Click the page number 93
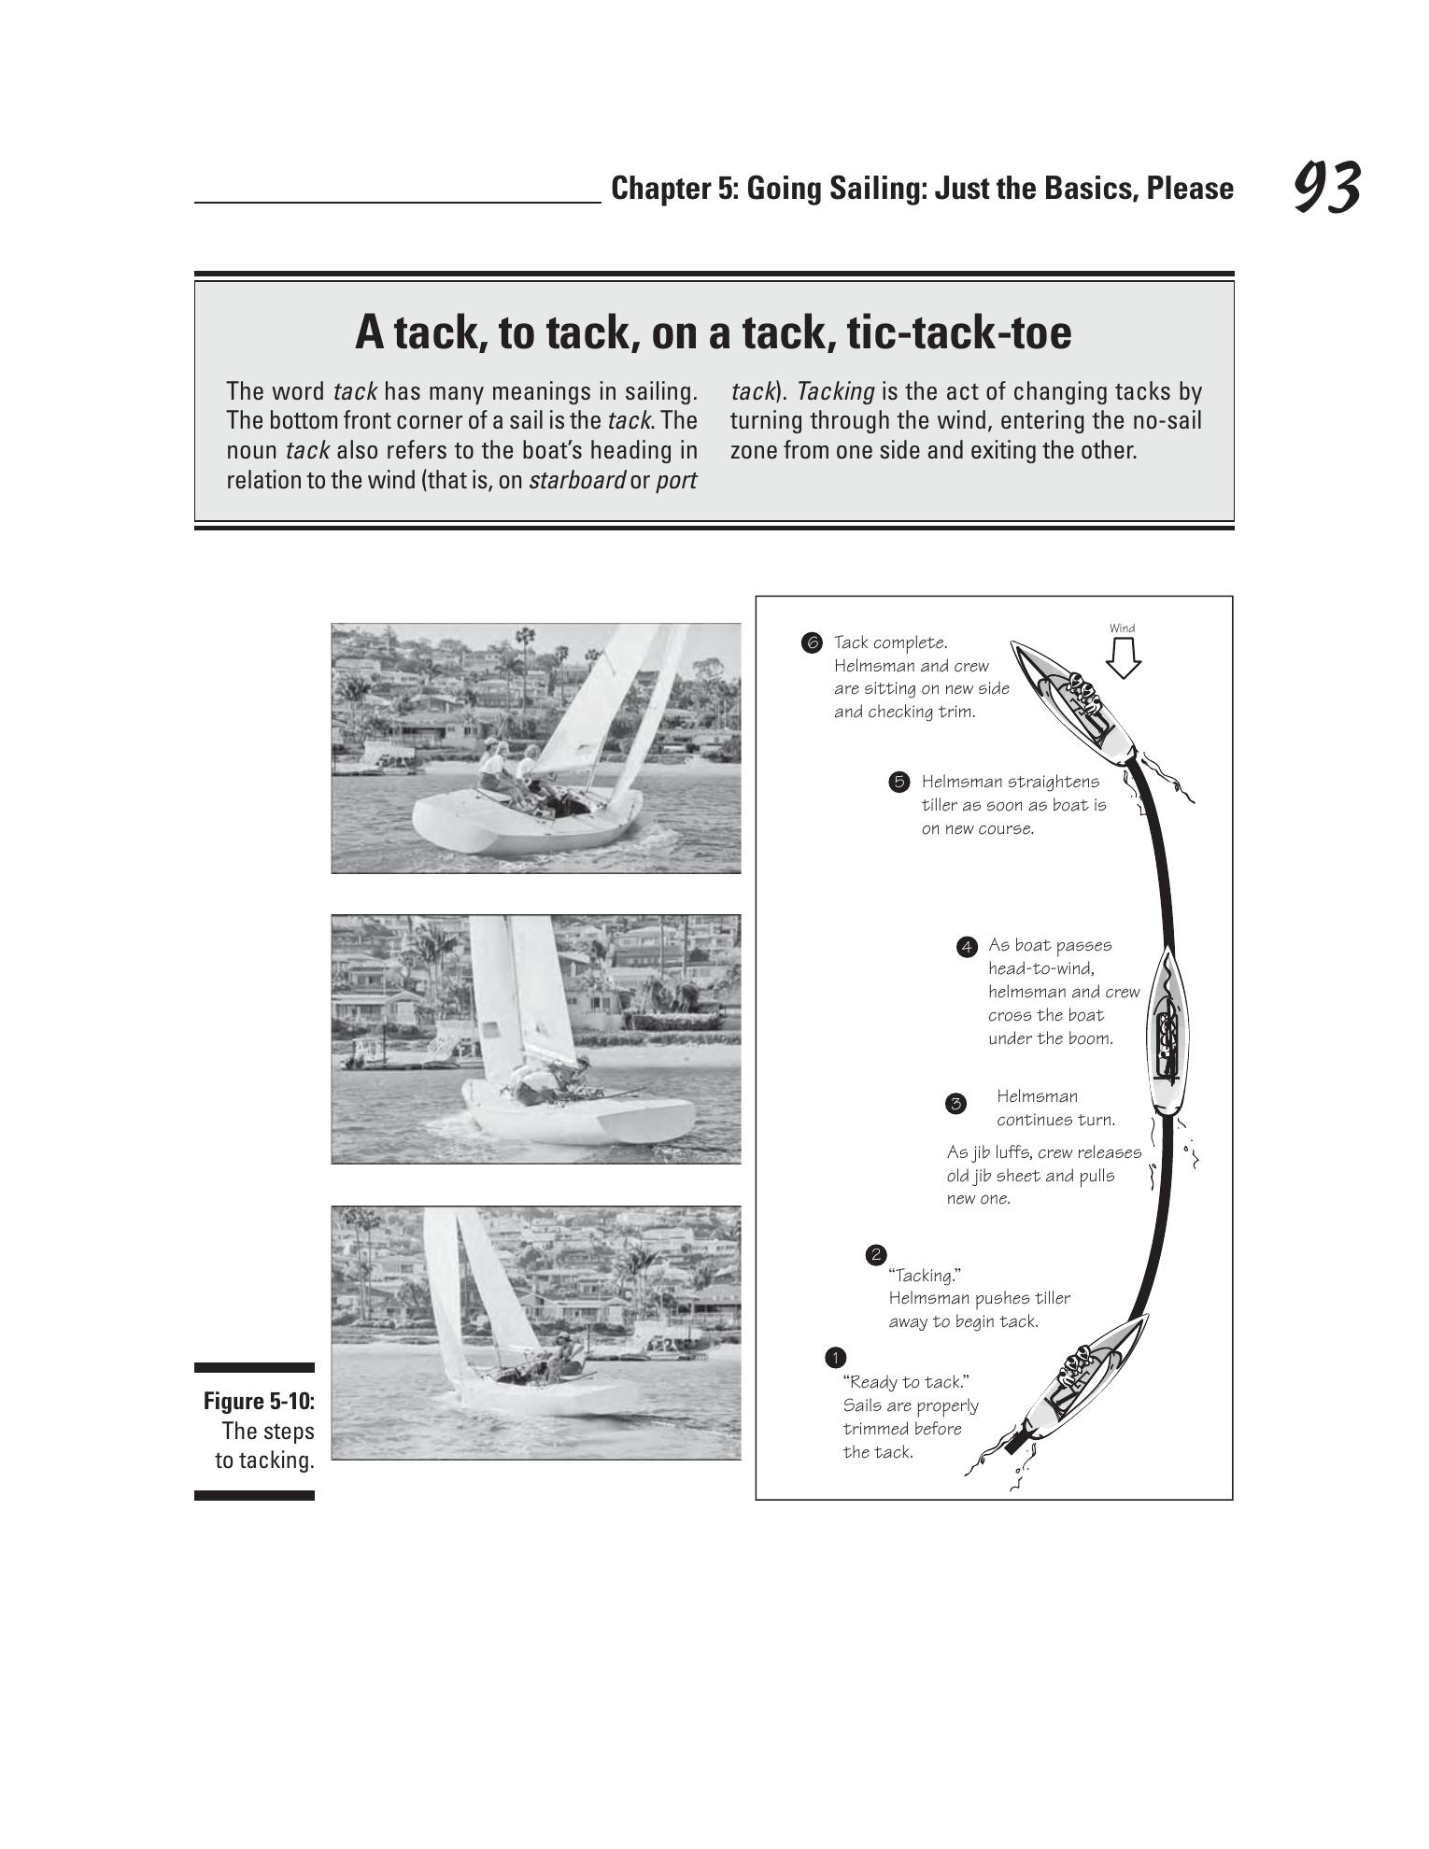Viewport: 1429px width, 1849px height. [1327, 188]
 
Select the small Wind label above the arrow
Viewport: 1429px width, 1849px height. [1123, 628]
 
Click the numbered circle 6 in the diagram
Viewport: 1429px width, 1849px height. [811, 642]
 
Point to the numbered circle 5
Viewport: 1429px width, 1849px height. [898, 782]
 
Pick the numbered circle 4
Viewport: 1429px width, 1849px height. [967, 947]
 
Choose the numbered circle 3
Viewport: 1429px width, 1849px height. [955, 1104]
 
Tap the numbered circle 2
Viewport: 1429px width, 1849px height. [875, 1254]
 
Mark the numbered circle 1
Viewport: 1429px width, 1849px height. [835, 1357]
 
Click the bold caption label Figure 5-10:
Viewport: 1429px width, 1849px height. [259, 1402]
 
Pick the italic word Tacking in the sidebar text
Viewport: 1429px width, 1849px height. [835, 392]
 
